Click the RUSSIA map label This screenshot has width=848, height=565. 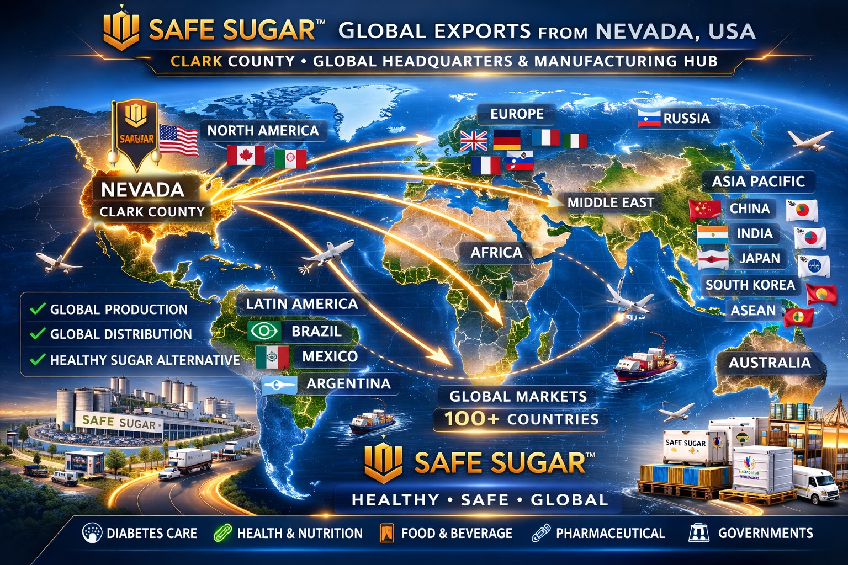686,119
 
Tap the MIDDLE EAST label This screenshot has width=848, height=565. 611,203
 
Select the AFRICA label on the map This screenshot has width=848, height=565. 496,253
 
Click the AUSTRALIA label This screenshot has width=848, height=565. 770,363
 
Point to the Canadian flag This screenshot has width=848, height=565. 246,156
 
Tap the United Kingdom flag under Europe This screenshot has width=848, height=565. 474,141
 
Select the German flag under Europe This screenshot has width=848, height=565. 506,140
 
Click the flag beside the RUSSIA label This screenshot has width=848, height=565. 649,118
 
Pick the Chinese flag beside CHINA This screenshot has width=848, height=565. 704,209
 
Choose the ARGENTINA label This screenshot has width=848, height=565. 348,383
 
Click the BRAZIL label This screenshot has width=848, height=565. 316,331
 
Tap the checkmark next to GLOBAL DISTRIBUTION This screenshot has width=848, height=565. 38,334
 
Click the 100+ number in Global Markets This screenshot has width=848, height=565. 472,419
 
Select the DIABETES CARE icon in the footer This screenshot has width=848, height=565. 92,533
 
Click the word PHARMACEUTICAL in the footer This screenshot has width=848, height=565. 610,533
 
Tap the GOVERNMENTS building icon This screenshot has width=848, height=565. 699,533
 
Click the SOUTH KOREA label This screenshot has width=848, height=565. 750,285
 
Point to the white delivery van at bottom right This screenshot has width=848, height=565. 815,486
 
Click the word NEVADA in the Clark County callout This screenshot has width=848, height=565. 142,190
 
